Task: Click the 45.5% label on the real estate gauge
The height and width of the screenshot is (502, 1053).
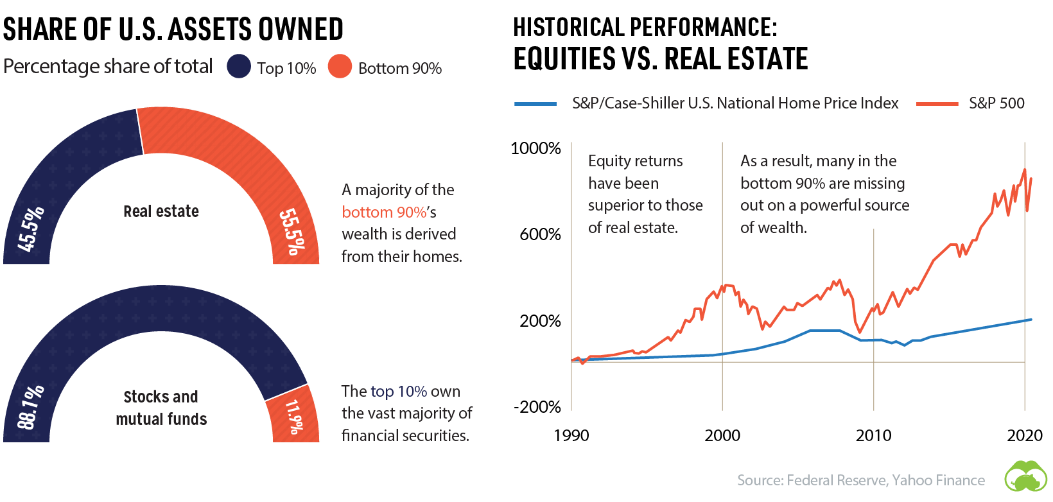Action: pos(31,229)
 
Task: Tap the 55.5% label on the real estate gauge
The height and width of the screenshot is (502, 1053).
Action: pos(291,232)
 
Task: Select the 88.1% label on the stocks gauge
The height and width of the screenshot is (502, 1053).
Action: pos(31,407)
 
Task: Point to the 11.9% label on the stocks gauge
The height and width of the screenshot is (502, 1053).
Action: pos(293,417)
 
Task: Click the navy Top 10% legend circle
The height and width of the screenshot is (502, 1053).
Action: pos(239,67)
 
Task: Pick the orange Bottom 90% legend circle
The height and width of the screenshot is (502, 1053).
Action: pos(340,67)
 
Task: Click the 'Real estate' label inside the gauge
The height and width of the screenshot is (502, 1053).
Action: pos(161,211)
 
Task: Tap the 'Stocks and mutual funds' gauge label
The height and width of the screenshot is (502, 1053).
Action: pos(161,408)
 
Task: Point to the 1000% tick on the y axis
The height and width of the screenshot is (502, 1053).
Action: pos(535,148)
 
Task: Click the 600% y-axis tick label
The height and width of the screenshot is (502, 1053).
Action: pos(540,234)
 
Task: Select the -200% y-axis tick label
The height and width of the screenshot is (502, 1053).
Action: pos(537,407)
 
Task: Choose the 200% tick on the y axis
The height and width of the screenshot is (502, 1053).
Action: pos(540,321)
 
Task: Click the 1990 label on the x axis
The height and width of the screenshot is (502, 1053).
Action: pos(571,435)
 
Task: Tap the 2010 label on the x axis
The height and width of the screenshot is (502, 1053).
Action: pos(873,435)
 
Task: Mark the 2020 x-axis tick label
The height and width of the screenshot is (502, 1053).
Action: pos(1024,435)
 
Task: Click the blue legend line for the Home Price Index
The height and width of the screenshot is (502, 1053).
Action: pos(535,103)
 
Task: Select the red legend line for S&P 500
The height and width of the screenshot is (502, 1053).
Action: pos(937,103)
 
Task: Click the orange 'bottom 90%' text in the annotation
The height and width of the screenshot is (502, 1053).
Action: pos(384,212)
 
